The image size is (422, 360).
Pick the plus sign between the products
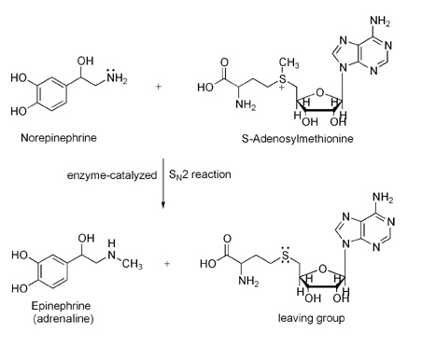tap(167, 264)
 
